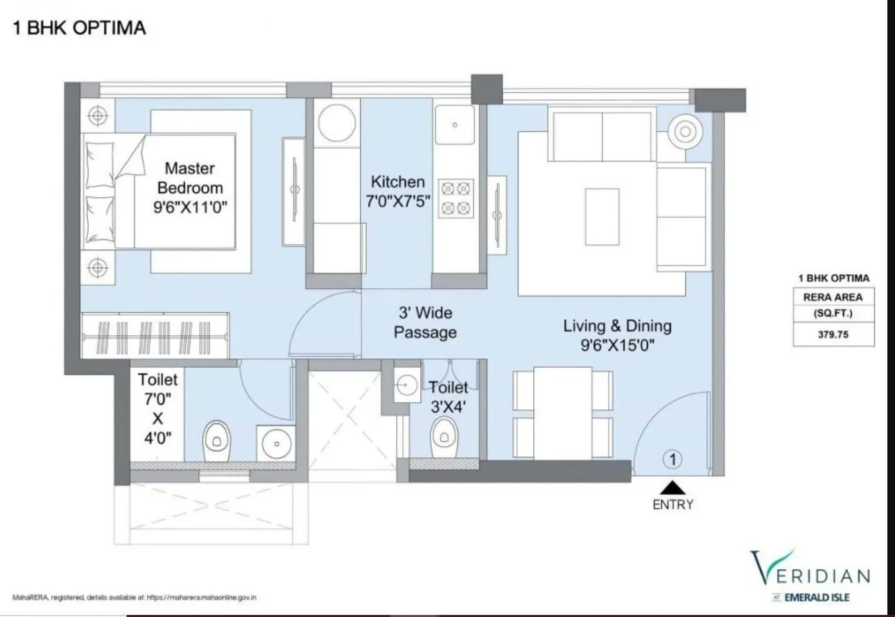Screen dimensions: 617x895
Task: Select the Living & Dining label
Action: point(617,335)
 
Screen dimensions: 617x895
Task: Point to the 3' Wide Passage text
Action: point(425,323)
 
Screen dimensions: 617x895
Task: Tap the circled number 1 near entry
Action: point(672,458)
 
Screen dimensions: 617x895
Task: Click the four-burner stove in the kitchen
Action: point(456,197)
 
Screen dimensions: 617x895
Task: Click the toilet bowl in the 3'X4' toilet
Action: point(444,438)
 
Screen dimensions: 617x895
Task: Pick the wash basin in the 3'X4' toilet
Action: point(403,382)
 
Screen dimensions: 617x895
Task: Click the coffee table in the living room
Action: point(602,216)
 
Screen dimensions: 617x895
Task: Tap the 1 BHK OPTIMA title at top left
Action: point(79,28)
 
